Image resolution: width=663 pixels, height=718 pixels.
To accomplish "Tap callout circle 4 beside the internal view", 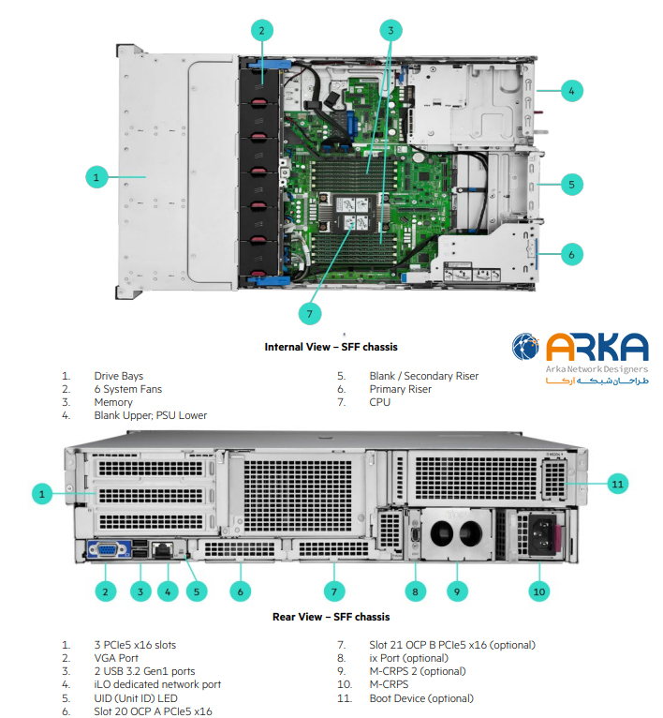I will [572, 91].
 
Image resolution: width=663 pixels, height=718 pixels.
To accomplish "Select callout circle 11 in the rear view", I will [615, 484].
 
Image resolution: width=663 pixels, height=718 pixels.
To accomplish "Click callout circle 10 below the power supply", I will [539, 591].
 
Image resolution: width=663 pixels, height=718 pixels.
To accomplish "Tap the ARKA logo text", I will [597, 347].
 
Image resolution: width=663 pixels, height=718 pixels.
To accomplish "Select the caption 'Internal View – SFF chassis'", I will [331, 347].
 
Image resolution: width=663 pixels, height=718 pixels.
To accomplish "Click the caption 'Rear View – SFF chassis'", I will [331, 617].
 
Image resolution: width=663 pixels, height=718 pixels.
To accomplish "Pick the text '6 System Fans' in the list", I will [129, 389].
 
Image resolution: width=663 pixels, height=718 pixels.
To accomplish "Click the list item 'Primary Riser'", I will [400, 389].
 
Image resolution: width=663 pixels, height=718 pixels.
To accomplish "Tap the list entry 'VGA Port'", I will [118, 658].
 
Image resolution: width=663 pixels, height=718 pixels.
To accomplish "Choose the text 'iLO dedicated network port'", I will [157, 684].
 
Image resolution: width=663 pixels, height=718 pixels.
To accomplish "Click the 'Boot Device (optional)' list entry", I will [421, 698].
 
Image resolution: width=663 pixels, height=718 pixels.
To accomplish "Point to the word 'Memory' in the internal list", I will [113, 402].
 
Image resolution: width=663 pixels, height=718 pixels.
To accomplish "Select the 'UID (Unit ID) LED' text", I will [138, 698].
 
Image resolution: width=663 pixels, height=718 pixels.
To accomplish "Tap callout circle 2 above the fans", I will [261, 30].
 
